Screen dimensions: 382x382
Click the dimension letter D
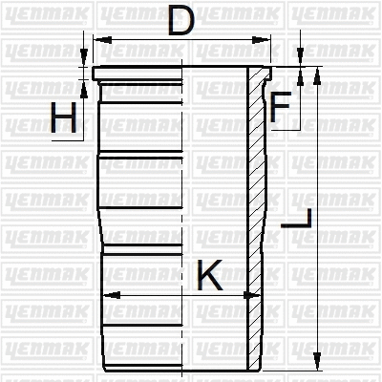tap(181, 21)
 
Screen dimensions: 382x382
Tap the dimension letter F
tap(280, 109)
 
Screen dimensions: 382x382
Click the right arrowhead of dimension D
tap(262, 41)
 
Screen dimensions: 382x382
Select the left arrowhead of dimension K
tap(106, 295)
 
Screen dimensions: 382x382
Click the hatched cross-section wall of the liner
tap(255, 220)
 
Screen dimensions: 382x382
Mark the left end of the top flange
tap(94, 74)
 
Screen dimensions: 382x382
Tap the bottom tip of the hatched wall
tap(255, 368)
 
